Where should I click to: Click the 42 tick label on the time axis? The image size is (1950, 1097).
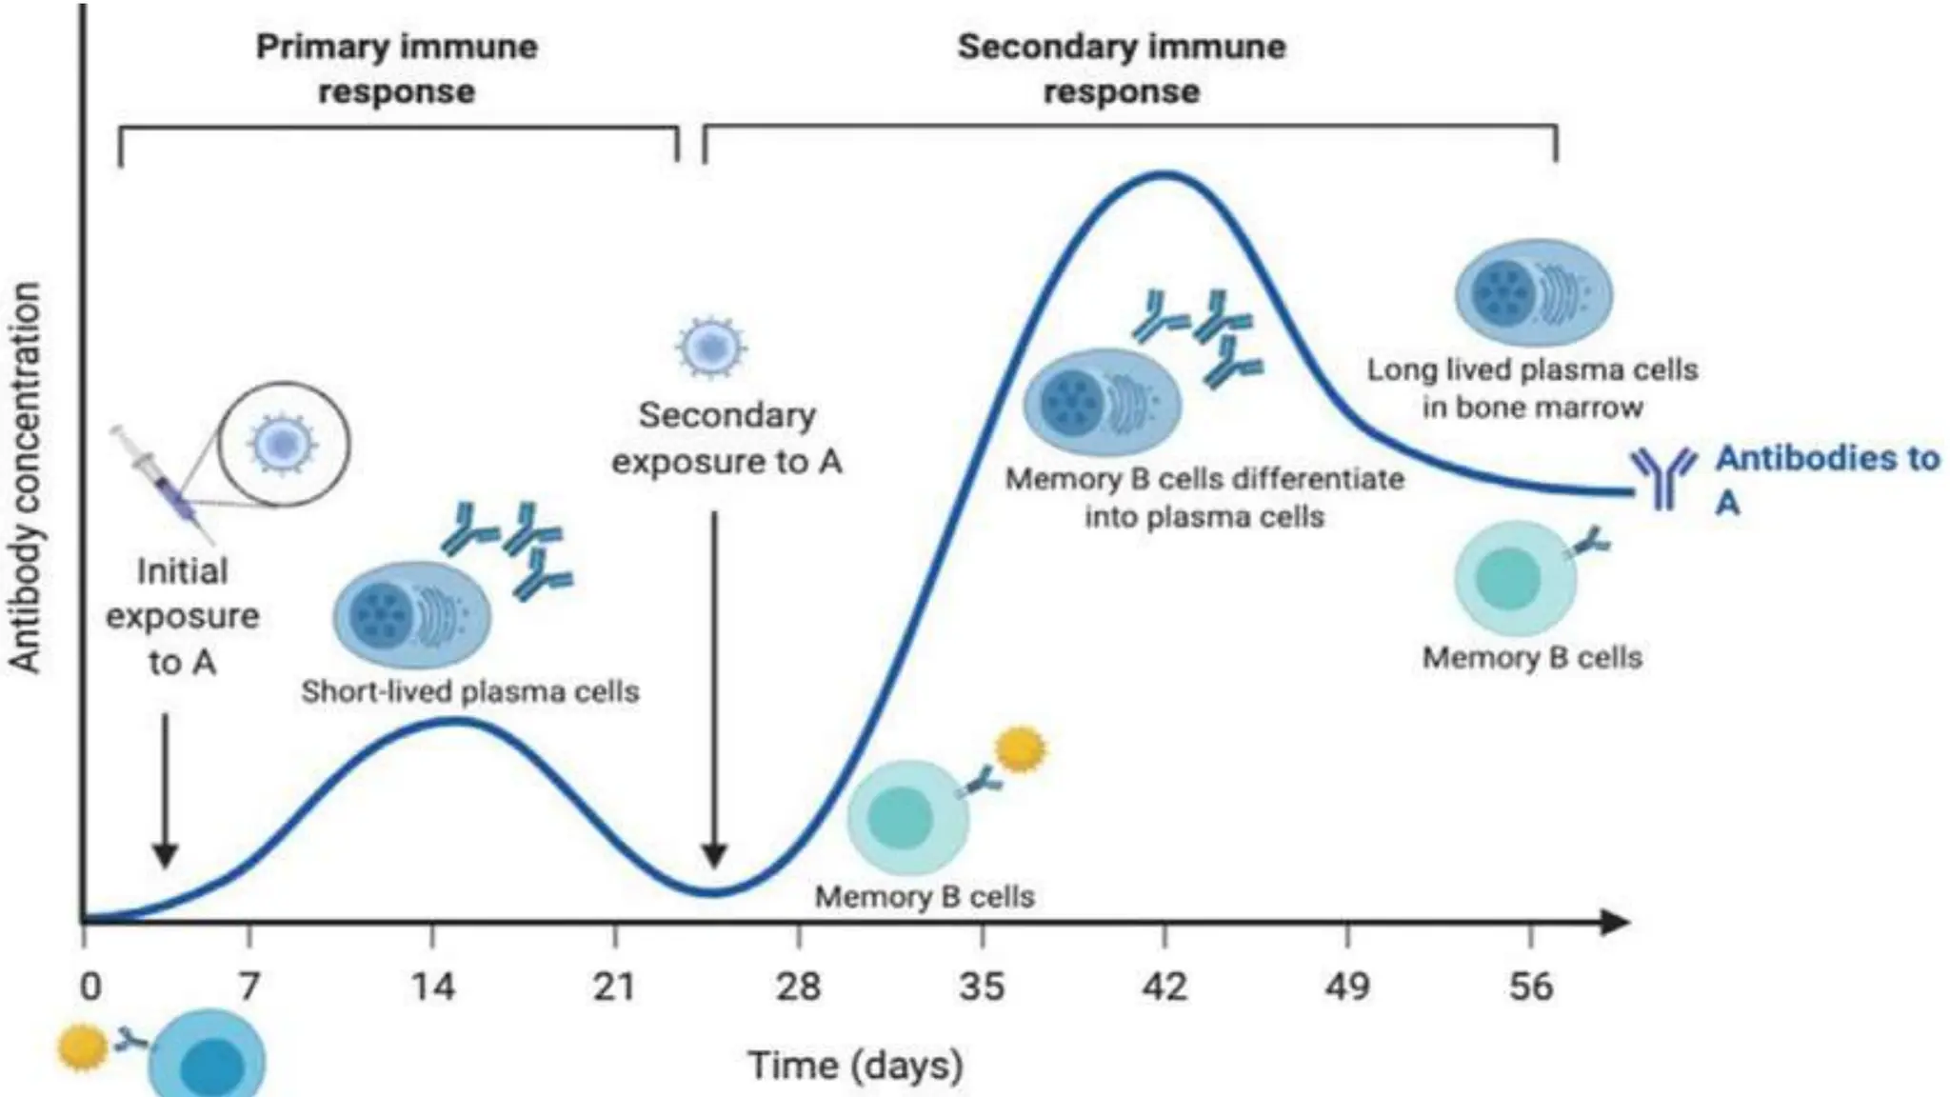(1164, 986)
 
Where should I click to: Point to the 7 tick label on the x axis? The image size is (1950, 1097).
(249, 986)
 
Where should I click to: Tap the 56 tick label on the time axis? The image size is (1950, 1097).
(1530, 986)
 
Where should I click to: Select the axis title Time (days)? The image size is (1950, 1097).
(854, 1065)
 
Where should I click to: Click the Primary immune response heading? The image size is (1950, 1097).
(396, 69)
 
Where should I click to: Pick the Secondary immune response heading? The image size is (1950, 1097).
(1121, 69)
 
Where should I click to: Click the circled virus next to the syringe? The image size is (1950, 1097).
(283, 444)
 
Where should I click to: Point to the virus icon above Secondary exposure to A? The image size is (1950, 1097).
(711, 348)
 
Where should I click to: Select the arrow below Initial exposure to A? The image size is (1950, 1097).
(166, 790)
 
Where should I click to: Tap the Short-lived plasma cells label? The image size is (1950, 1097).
(469, 691)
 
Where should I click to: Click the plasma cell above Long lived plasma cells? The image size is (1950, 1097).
(1532, 293)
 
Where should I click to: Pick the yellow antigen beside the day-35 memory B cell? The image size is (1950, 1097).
(1020, 749)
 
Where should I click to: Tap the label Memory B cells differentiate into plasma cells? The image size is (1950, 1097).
(1204, 497)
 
